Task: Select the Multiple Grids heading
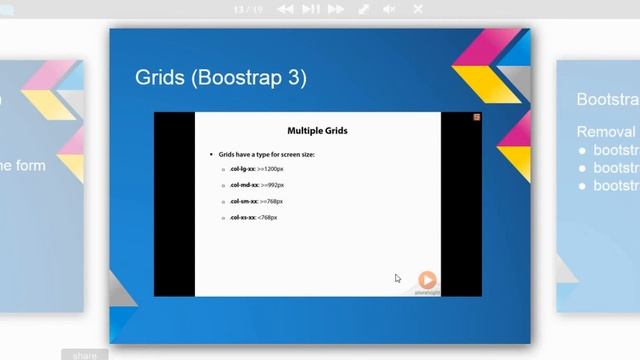pos(317,130)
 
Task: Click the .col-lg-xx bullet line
pos(258,170)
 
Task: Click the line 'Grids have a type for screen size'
pos(266,155)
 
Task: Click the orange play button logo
pos(427,280)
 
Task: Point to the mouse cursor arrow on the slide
pos(397,278)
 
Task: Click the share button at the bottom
pos(85,354)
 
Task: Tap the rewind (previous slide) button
pos(285,9)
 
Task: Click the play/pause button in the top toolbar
pos(311,9)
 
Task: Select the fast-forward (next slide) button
pos(337,9)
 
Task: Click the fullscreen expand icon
pos(364,9)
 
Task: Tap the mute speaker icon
pos(390,9)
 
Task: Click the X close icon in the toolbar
pos(417,9)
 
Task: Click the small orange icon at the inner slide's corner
pos(476,118)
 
